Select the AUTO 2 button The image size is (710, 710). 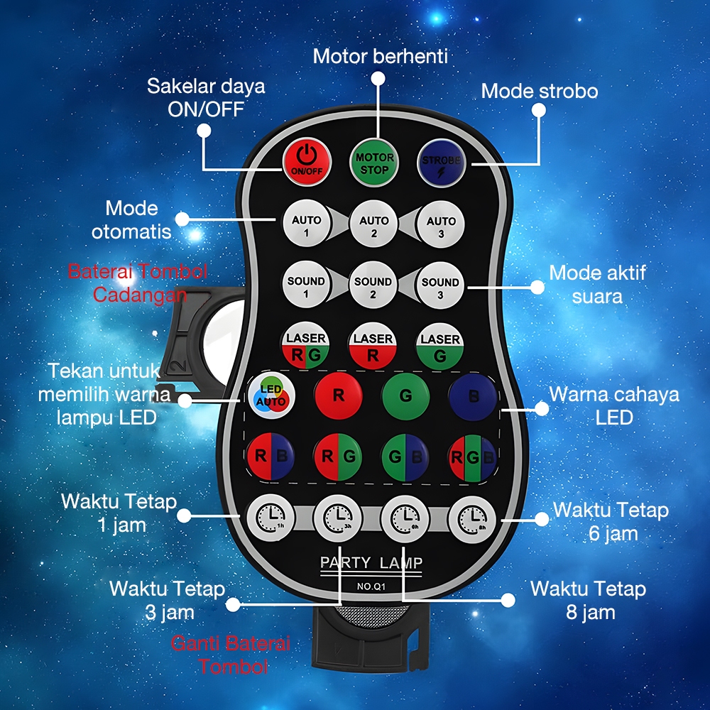pyautogui.click(x=373, y=226)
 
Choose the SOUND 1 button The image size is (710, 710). pyautogui.click(x=306, y=286)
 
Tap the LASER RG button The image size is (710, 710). pyautogui.click(x=306, y=346)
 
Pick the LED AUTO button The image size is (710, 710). pyautogui.click(x=271, y=395)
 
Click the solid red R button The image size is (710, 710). pyautogui.click(x=338, y=395)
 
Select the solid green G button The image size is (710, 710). pyautogui.click(x=405, y=395)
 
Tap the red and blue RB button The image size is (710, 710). pyautogui.click(x=271, y=455)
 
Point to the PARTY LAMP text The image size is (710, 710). pyautogui.click(x=371, y=563)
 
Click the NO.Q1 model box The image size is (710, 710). pyautogui.click(x=371, y=586)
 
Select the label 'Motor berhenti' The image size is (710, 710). pyautogui.click(x=380, y=56)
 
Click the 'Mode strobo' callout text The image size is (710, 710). pyautogui.click(x=540, y=91)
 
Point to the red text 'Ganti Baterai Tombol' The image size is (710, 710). pyautogui.click(x=231, y=655)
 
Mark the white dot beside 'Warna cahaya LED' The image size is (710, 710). pyautogui.click(x=542, y=409)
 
